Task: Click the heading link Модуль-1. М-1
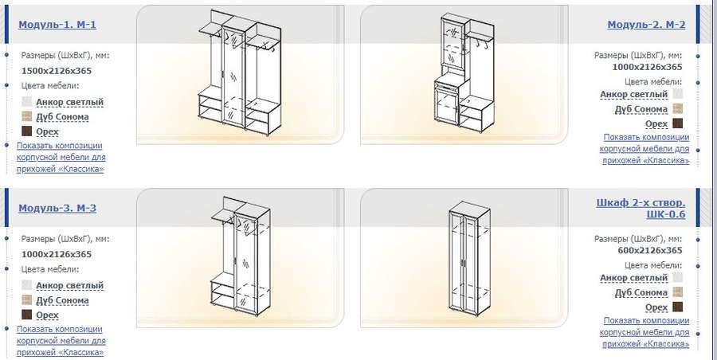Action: click(57, 25)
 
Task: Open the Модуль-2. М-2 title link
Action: click(646, 25)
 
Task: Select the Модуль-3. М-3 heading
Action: click(57, 208)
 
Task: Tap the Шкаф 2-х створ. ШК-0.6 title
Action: click(641, 208)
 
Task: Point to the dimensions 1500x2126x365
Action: click(57, 71)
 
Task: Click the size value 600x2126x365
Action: click(650, 250)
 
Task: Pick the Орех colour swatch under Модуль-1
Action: click(27, 131)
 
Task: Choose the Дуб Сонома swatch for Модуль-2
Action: click(678, 109)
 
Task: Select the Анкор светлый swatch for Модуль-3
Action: click(27, 285)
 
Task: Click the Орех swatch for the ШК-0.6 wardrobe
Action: click(678, 307)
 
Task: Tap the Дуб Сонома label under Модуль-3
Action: click(62, 300)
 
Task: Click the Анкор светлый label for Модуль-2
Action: click(634, 94)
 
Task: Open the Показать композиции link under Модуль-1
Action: click(61, 158)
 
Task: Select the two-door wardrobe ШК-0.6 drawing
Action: click(469, 259)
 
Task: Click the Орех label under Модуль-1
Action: click(47, 131)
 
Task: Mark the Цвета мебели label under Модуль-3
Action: click(50, 269)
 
